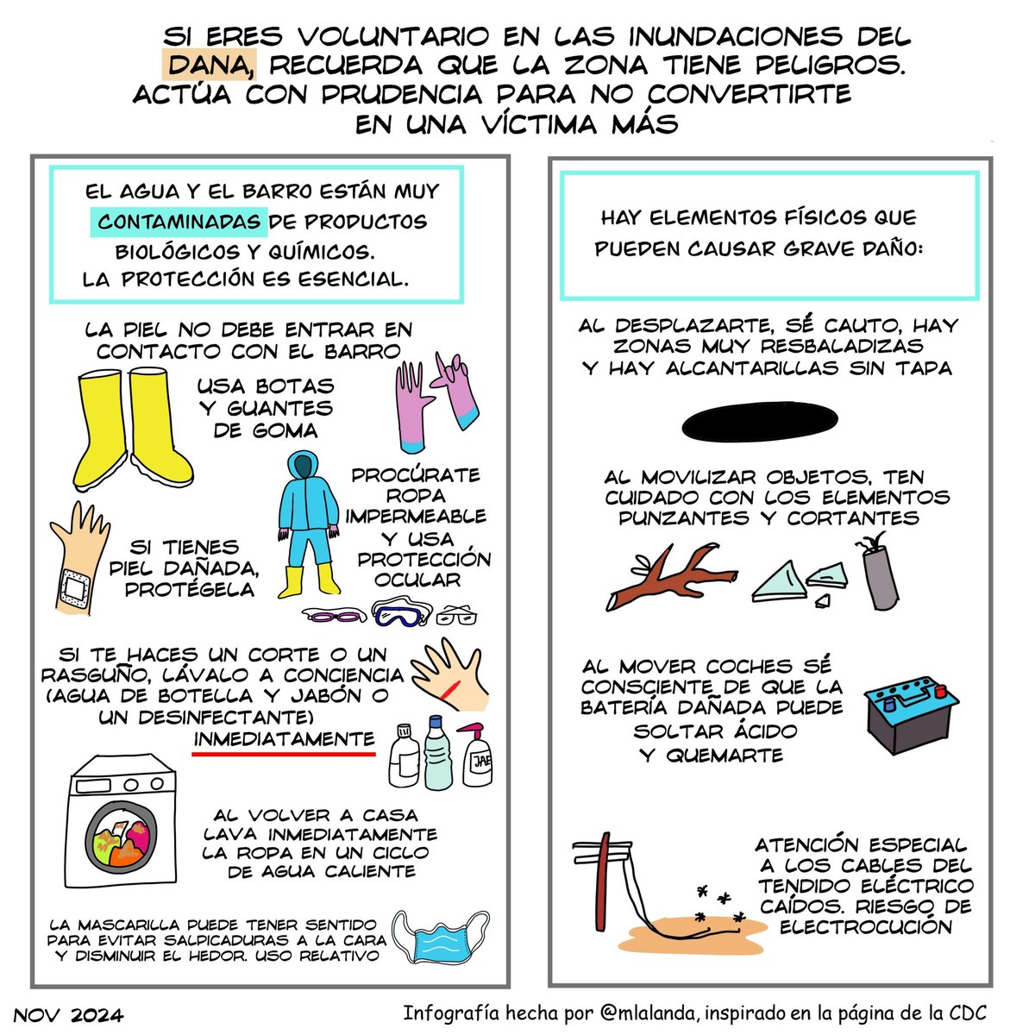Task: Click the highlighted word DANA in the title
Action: pos(209,65)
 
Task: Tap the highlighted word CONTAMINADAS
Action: pos(179,222)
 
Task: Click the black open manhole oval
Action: pos(760,422)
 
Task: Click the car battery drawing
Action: pos(912,715)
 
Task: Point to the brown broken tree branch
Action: pos(672,577)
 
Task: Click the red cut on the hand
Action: pos(449,689)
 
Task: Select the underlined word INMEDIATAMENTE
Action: pos(284,739)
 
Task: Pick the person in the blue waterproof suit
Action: pos(309,524)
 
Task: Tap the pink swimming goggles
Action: pos(334,615)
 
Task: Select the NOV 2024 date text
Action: pos(69,1016)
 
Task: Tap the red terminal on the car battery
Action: pos(940,691)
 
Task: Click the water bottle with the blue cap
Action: pos(438,752)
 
